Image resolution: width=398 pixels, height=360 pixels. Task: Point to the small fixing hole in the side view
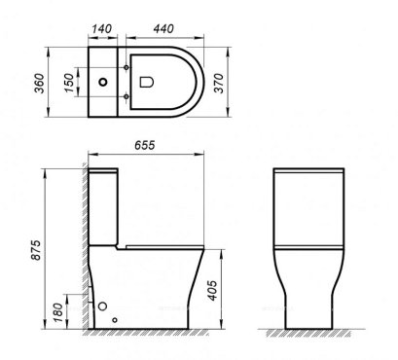click(x=115, y=319)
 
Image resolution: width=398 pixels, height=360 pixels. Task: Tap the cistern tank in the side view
click(x=106, y=204)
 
